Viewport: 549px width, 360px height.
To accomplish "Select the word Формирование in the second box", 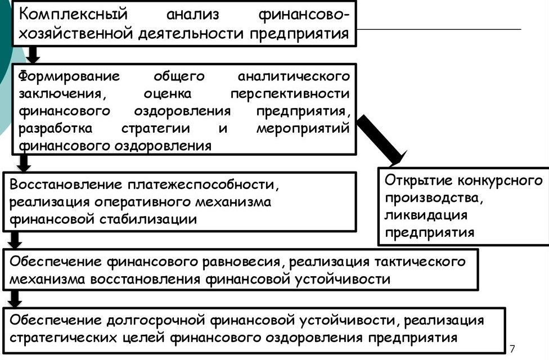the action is (69, 76).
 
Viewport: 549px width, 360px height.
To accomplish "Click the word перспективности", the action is (290, 94).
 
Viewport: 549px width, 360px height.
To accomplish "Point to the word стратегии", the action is (156, 128).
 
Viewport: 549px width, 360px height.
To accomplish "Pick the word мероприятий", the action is (303, 128).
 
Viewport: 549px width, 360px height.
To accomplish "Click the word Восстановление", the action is (66, 184).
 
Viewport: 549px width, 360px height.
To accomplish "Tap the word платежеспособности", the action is (203, 185).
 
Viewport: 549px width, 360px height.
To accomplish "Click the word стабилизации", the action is (148, 219).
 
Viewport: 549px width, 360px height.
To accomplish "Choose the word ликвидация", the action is (426, 215).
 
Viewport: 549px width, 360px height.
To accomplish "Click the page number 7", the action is (512, 348).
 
